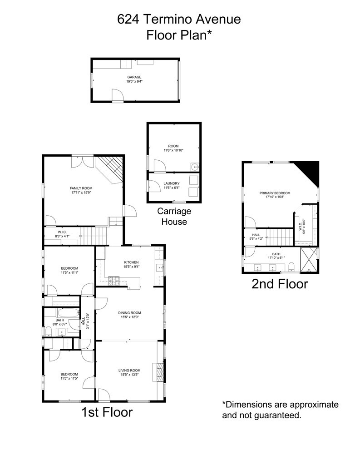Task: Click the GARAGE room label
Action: [134, 77]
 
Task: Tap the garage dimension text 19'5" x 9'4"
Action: [134, 82]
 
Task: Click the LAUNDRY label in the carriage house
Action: [171, 183]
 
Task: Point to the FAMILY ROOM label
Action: [81, 188]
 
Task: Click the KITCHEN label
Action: [131, 262]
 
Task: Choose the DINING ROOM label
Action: [130, 312]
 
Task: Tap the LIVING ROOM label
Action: [130, 371]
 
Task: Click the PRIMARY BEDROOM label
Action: [275, 193]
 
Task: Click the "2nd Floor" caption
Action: [280, 284]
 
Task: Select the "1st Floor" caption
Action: [107, 412]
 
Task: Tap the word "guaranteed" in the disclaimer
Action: [278, 415]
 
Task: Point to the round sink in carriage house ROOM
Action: [194, 166]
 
